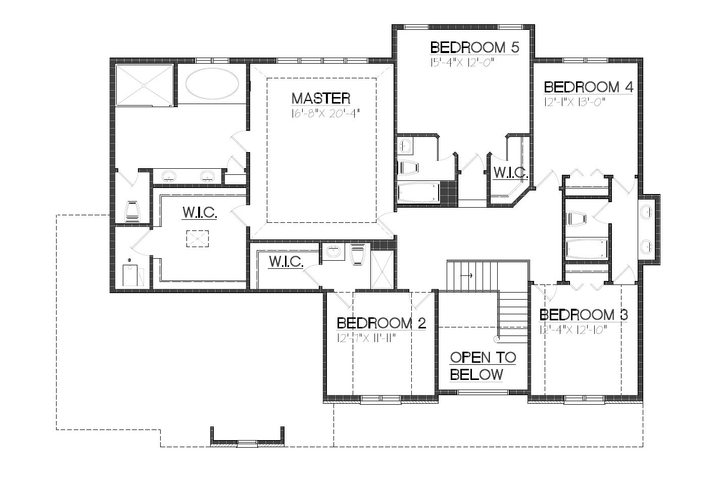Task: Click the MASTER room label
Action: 321,98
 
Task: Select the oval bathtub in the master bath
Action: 212,84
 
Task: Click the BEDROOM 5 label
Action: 474,48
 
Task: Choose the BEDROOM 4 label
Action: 588,87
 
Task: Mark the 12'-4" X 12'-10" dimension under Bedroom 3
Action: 572,330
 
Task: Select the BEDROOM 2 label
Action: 381,323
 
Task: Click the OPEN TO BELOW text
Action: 483,366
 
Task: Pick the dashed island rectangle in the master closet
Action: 197,238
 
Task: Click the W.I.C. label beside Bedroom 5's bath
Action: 510,173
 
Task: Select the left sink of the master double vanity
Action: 169,176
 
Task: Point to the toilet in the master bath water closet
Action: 132,212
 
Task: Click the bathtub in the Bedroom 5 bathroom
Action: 418,193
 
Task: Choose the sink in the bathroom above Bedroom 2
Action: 333,252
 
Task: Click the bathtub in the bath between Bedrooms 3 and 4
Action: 586,249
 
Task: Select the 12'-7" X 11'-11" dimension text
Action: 366,338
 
